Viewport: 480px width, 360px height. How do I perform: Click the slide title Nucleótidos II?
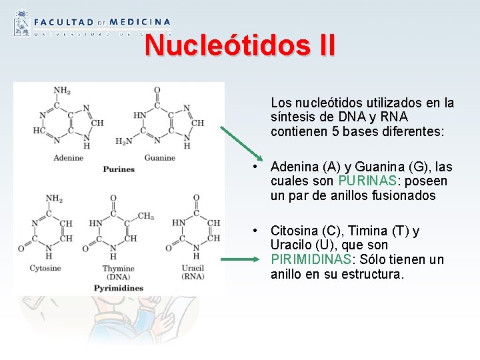click(x=240, y=45)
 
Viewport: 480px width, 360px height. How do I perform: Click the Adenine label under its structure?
click(x=69, y=158)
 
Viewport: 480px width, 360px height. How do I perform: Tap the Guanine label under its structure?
click(x=159, y=158)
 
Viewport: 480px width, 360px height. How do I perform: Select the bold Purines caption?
click(x=119, y=169)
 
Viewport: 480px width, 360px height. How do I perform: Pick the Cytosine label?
click(x=45, y=268)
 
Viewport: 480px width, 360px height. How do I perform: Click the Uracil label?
click(x=195, y=268)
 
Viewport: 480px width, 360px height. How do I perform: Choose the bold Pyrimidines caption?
click(x=119, y=288)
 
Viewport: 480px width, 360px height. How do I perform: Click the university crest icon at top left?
click(x=21, y=23)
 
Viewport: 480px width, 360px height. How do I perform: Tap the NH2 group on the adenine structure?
click(x=62, y=91)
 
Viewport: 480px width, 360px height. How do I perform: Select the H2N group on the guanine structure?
click(x=123, y=141)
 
